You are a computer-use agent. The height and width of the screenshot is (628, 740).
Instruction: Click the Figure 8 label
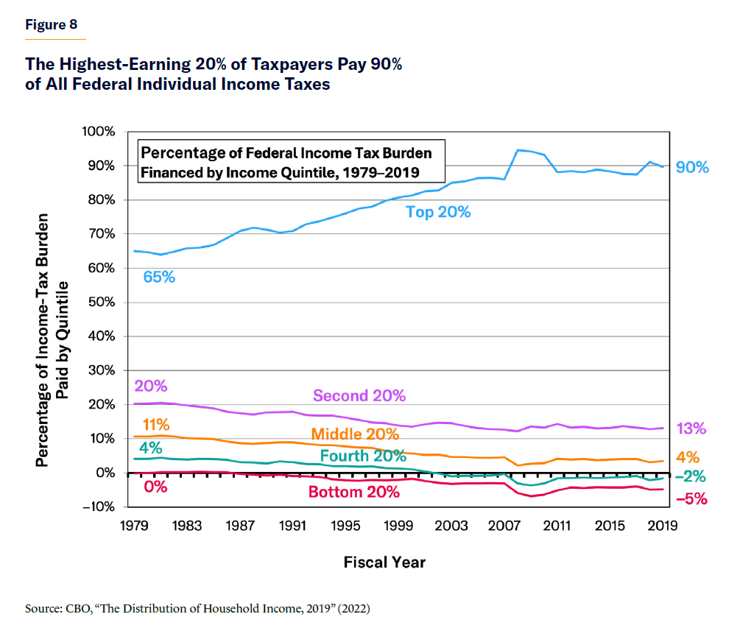[52, 24]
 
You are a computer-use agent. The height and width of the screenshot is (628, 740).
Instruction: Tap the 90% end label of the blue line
[692, 168]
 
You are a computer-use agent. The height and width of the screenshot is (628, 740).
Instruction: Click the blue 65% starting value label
[159, 278]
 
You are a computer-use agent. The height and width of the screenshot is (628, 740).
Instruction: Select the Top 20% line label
[438, 212]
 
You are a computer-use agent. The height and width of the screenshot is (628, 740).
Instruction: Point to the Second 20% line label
[359, 395]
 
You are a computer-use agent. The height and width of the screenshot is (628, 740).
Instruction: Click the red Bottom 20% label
[354, 492]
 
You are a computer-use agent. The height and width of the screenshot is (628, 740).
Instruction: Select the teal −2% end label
[691, 476]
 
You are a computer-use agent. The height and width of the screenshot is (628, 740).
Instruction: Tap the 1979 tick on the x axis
[133, 527]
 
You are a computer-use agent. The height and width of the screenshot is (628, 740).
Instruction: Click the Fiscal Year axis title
[384, 562]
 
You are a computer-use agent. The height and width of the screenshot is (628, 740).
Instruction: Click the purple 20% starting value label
[150, 386]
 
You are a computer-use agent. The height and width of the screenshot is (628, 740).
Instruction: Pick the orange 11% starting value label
[156, 425]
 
